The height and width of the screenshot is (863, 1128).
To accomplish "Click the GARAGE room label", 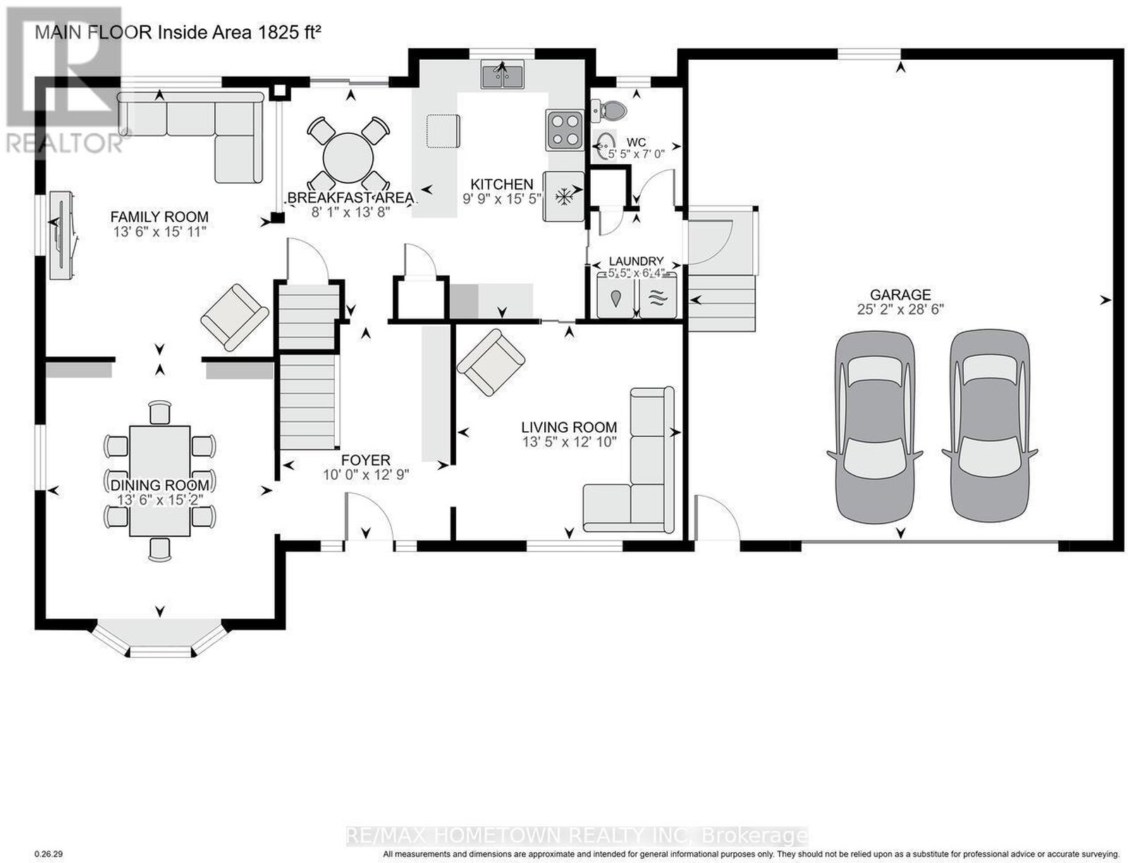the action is coord(900,294).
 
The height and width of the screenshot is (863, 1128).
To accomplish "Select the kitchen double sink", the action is coord(503,74).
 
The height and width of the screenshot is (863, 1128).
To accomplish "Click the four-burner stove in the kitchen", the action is coord(564,130).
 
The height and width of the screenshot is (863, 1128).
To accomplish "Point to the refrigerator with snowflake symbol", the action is coord(563,197).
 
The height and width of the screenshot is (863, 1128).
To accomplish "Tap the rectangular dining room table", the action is coord(160,481).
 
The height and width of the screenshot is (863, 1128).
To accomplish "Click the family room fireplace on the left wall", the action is coord(63,235).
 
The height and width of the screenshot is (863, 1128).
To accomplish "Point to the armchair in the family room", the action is coord(235,317).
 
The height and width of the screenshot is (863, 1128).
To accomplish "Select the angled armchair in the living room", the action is coord(491,362).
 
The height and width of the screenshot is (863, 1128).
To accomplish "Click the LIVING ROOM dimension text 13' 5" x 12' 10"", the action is coord(570,442).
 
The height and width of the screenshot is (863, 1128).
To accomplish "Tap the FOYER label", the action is coord(365,460).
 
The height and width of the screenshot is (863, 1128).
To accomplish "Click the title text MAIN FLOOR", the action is coord(94,32).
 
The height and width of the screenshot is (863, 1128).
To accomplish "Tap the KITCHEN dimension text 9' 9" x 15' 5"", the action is coord(502,199).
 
